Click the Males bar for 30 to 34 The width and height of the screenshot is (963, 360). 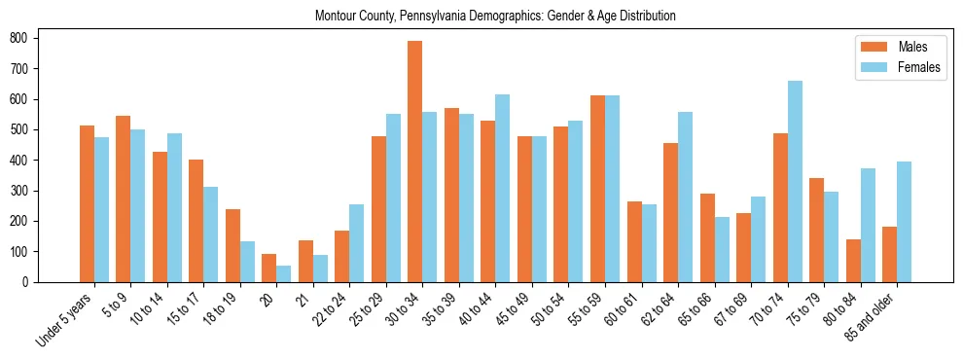click(415, 162)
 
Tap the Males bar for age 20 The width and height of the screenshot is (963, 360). click(269, 269)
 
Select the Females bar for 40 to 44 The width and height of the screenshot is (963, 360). click(503, 189)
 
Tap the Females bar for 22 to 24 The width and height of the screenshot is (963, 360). click(357, 243)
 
